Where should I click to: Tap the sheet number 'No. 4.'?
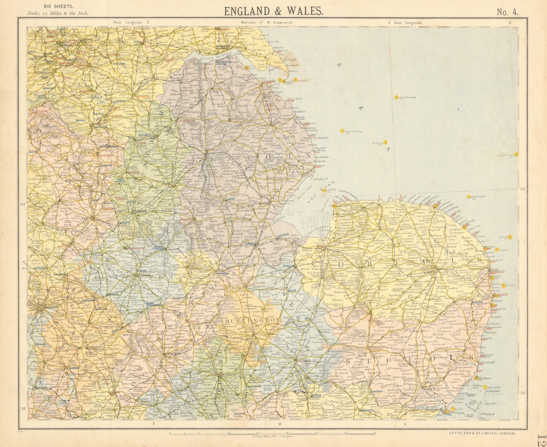pyautogui.click(x=508, y=12)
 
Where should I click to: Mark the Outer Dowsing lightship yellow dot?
pyautogui.click(x=396, y=97)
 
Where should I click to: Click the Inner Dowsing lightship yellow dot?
pyautogui.click(x=341, y=130)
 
